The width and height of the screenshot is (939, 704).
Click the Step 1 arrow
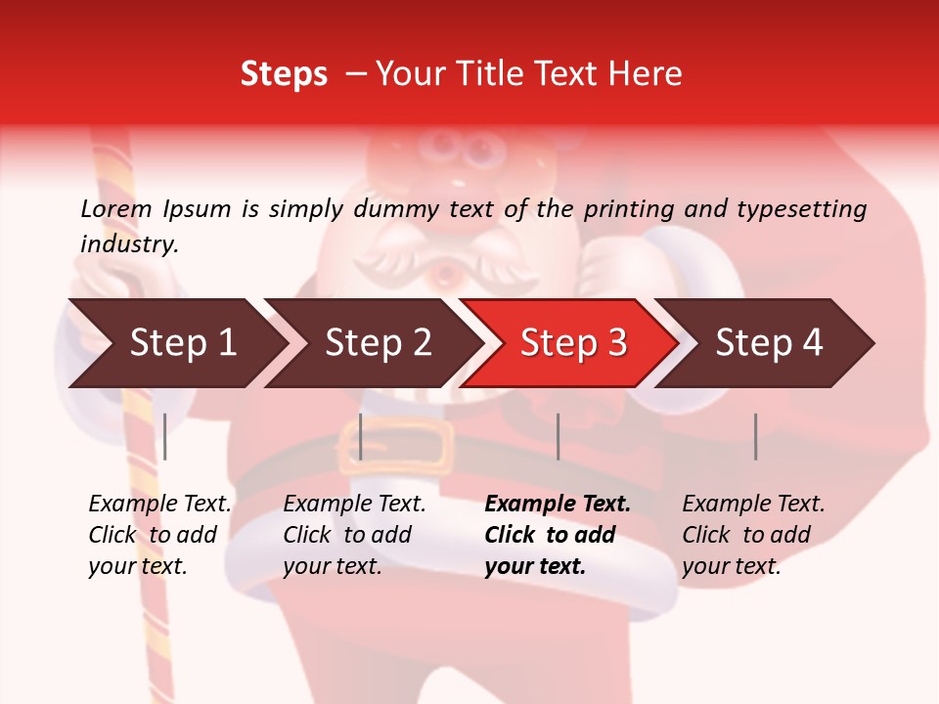(182, 343)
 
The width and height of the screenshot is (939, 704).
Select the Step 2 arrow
(378, 343)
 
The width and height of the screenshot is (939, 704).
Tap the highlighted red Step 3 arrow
(573, 343)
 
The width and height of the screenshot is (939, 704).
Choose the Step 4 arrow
(769, 343)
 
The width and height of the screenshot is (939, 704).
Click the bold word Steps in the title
(284, 74)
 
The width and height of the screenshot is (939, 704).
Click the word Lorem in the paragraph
(116, 208)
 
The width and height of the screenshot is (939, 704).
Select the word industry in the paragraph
(128, 244)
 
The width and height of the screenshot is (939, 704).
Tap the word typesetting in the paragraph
(801, 208)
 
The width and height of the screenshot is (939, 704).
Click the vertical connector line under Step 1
(165, 436)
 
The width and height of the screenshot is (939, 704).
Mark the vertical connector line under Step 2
(361, 436)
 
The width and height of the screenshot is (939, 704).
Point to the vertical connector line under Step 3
(558, 436)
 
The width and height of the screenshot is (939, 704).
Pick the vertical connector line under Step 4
(755, 436)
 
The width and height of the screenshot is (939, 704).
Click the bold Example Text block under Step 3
(557, 535)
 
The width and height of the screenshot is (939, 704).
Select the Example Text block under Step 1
(159, 535)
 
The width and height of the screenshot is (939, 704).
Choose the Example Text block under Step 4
(752, 535)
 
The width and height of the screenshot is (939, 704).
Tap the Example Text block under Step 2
(354, 535)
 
